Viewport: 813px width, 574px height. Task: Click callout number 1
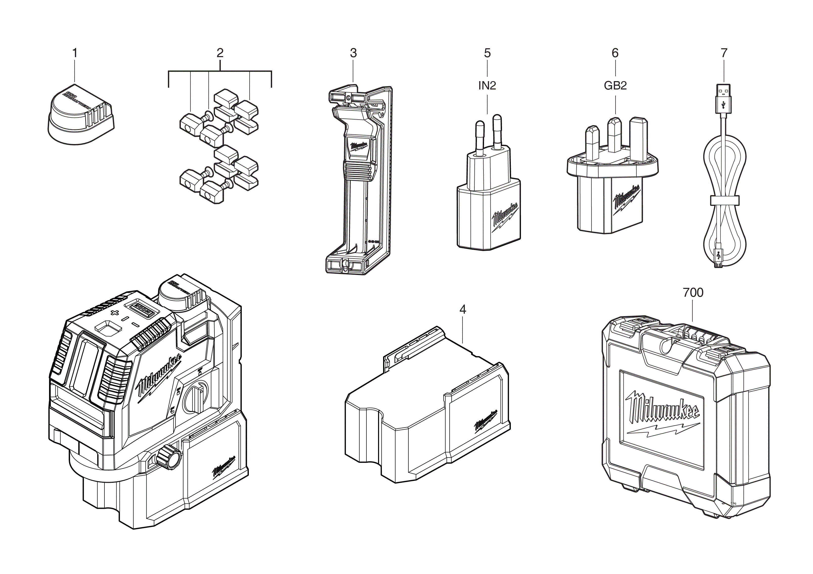click(75, 53)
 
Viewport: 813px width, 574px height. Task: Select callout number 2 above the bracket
click(220, 53)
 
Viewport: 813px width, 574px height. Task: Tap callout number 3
click(353, 53)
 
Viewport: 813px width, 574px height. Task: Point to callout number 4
click(463, 310)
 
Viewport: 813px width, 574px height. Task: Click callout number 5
click(487, 53)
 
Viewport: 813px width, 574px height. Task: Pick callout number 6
click(615, 53)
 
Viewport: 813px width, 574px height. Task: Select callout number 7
click(724, 53)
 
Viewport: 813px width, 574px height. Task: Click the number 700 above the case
click(693, 293)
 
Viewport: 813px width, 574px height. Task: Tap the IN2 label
click(487, 86)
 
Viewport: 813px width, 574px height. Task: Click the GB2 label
click(615, 86)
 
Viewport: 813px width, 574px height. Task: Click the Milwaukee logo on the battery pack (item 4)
click(486, 421)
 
